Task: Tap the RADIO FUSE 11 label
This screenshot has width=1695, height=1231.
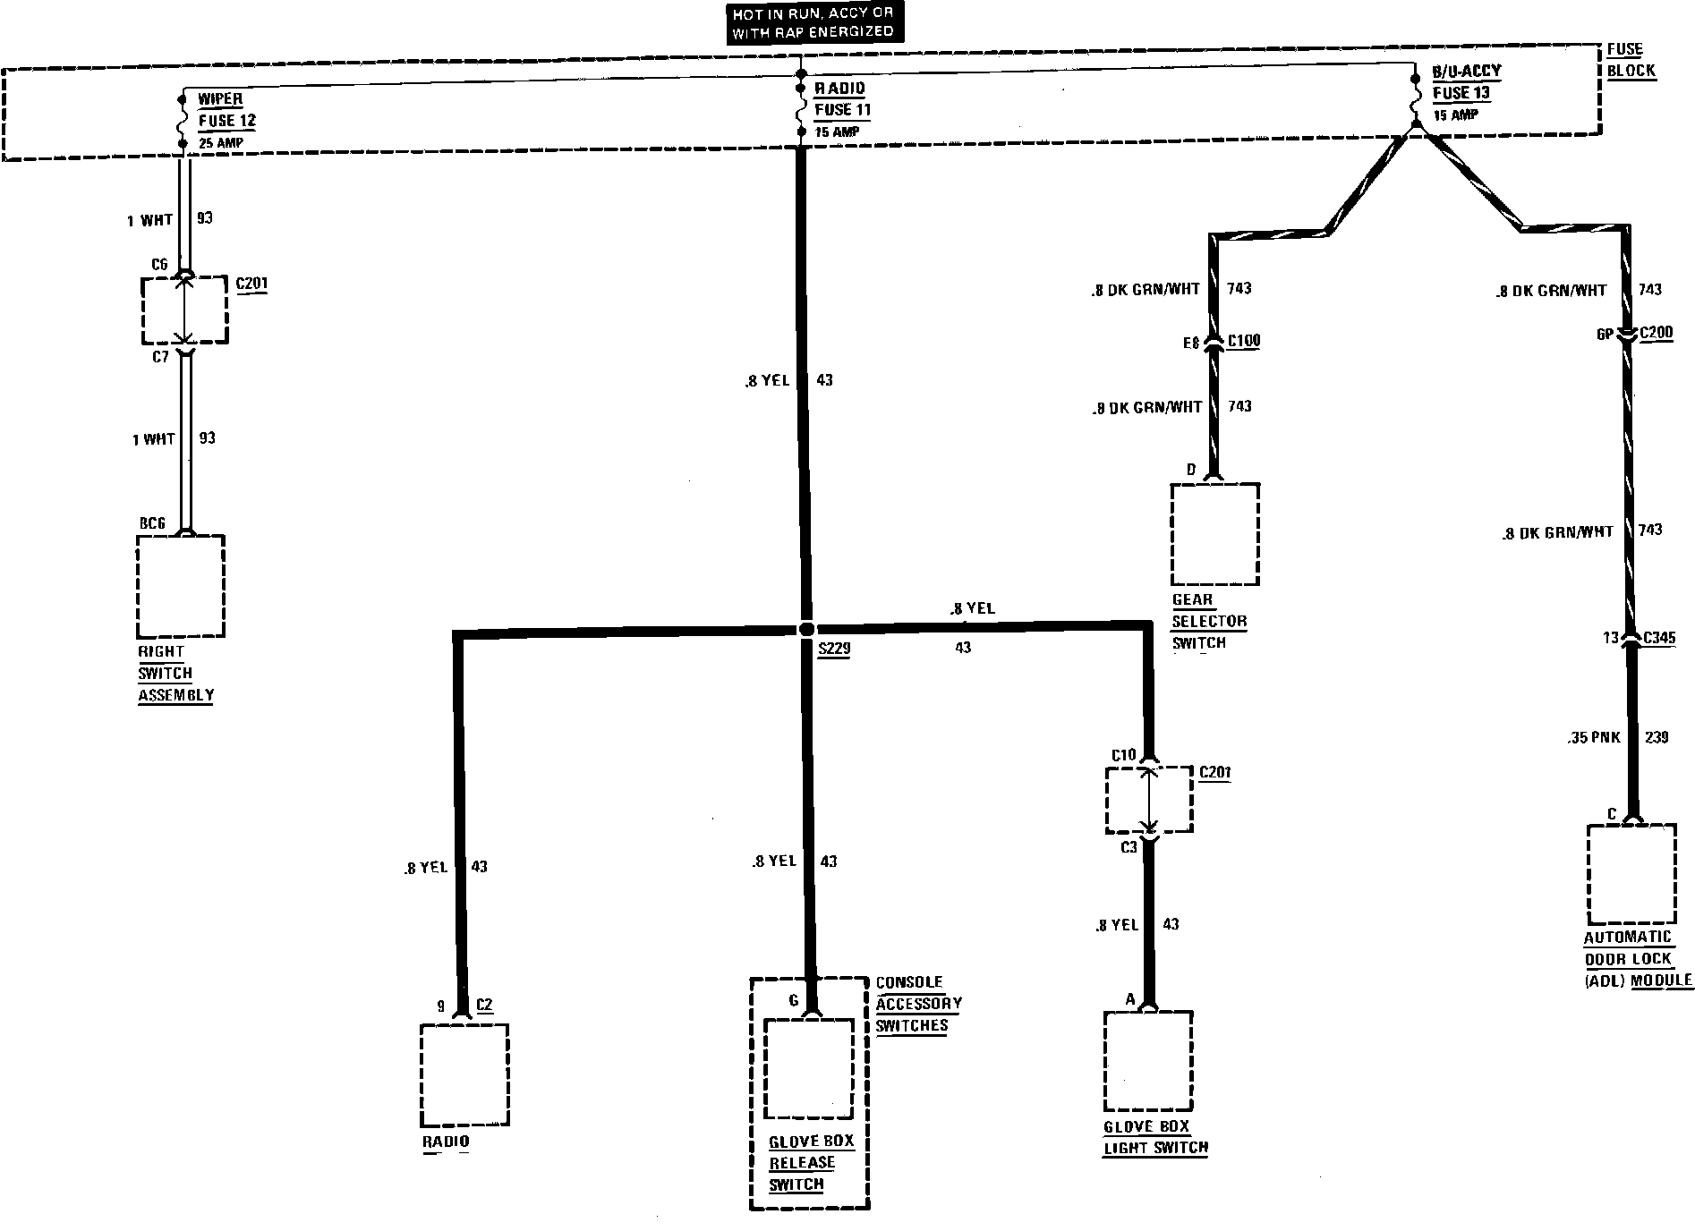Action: (841, 99)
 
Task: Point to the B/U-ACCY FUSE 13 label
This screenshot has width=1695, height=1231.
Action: (1467, 82)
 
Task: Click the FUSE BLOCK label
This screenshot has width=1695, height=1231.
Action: (1631, 61)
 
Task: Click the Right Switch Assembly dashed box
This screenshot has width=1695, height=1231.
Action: (180, 586)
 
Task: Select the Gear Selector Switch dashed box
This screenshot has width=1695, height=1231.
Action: (1214, 534)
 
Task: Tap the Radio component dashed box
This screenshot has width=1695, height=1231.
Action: (464, 1074)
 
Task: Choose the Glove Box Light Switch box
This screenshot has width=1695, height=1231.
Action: (1148, 1061)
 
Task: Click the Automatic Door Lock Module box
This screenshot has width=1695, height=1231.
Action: (1631, 874)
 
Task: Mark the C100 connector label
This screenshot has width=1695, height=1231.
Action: (1244, 341)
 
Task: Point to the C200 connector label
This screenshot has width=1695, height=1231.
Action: (1657, 334)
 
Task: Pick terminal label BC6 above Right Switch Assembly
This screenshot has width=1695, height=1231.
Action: (152, 523)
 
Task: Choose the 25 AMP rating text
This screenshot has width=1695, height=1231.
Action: (220, 143)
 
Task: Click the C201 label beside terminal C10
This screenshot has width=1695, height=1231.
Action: (1214, 772)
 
